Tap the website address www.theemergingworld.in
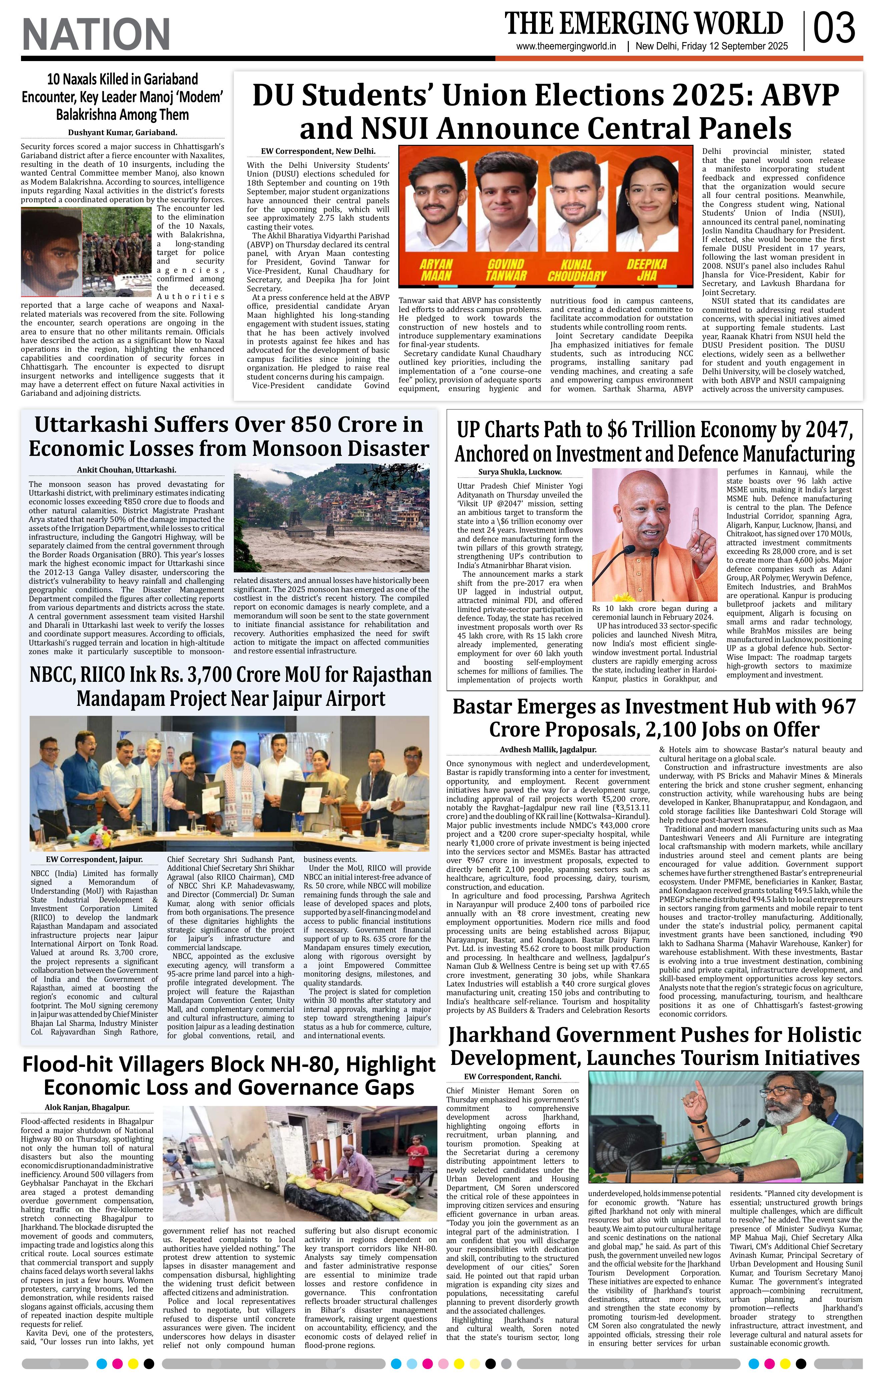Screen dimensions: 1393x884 coord(566,47)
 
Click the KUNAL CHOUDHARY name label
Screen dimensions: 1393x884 coord(576,270)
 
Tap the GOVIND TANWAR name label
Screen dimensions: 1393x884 coord(506,270)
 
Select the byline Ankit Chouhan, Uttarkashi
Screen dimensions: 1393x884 coord(127,470)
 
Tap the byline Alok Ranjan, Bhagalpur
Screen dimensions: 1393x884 coord(87,1108)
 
